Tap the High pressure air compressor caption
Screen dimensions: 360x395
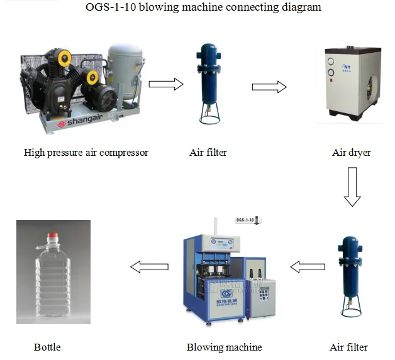pyautogui.click(x=86, y=152)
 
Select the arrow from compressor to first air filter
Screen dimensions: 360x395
pyautogui.click(x=165, y=84)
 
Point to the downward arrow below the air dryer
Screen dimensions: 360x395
pyautogui.click(x=352, y=187)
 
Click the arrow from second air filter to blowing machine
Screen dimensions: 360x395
pyautogui.click(x=308, y=267)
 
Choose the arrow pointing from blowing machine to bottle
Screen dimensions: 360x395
pyautogui.click(x=149, y=267)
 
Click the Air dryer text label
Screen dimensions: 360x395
pyautogui.click(x=352, y=152)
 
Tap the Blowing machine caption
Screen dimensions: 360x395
pyautogui.click(x=224, y=347)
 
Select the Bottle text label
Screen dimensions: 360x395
pyautogui.click(x=47, y=347)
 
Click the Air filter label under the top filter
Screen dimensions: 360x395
pyautogui.click(x=208, y=152)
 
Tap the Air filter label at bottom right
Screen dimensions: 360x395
pyautogui.click(x=348, y=347)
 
